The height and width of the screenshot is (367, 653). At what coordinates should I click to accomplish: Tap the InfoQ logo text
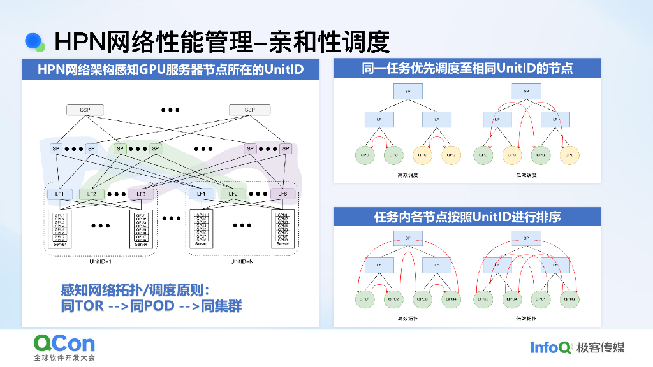click(550, 347)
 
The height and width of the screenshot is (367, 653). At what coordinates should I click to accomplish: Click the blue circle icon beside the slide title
click(34, 41)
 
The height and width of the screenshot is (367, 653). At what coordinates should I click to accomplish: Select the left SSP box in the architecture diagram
click(85, 110)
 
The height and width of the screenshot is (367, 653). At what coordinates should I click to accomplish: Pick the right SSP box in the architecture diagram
click(249, 110)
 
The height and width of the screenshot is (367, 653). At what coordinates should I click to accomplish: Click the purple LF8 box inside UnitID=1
click(141, 194)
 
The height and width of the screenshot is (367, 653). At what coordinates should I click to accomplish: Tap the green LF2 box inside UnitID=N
click(233, 194)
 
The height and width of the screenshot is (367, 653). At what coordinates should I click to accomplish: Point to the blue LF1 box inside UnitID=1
click(59, 194)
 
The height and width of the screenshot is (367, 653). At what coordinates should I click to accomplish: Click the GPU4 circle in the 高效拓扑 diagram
click(451, 298)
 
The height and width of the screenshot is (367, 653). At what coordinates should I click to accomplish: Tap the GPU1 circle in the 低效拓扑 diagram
click(539, 298)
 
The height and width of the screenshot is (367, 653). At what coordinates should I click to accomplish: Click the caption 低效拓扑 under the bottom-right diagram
click(526, 317)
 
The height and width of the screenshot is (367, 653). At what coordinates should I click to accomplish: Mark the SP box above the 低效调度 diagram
click(526, 92)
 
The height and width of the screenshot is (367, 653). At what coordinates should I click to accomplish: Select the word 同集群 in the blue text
click(221, 306)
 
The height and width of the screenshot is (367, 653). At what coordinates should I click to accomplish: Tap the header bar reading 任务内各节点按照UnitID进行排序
click(467, 217)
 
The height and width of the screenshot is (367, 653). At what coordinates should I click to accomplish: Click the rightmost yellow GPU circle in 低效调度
click(569, 154)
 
